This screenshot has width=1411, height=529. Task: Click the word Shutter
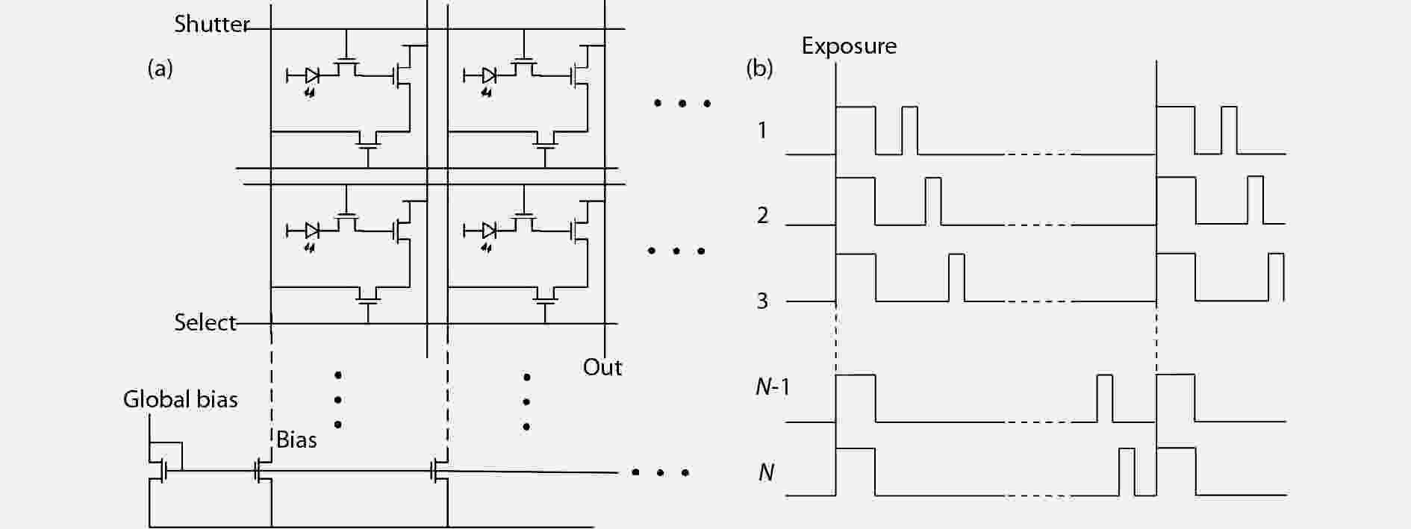click(211, 24)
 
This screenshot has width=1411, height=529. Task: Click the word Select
click(205, 322)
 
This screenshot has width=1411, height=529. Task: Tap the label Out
click(602, 367)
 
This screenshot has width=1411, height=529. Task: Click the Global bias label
click(180, 399)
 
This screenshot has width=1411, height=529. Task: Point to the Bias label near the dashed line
click(296, 440)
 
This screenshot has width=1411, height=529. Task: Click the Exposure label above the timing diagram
click(849, 46)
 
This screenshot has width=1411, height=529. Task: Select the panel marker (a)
click(160, 69)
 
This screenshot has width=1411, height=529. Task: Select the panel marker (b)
click(759, 69)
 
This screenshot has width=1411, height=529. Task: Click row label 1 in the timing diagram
click(762, 131)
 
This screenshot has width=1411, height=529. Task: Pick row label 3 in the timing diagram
click(762, 301)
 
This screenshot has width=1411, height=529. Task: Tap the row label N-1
click(773, 386)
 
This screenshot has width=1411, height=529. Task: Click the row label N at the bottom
click(766, 472)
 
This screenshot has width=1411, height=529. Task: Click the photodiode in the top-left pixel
click(312, 75)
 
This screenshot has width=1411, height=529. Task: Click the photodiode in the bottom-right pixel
click(489, 230)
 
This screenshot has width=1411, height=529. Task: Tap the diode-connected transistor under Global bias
click(163, 469)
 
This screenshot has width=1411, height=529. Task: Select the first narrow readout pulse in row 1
click(909, 131)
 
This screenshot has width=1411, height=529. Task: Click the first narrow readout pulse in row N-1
click(1104, 398)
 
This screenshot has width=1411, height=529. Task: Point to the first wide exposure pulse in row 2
click(856, 201)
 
